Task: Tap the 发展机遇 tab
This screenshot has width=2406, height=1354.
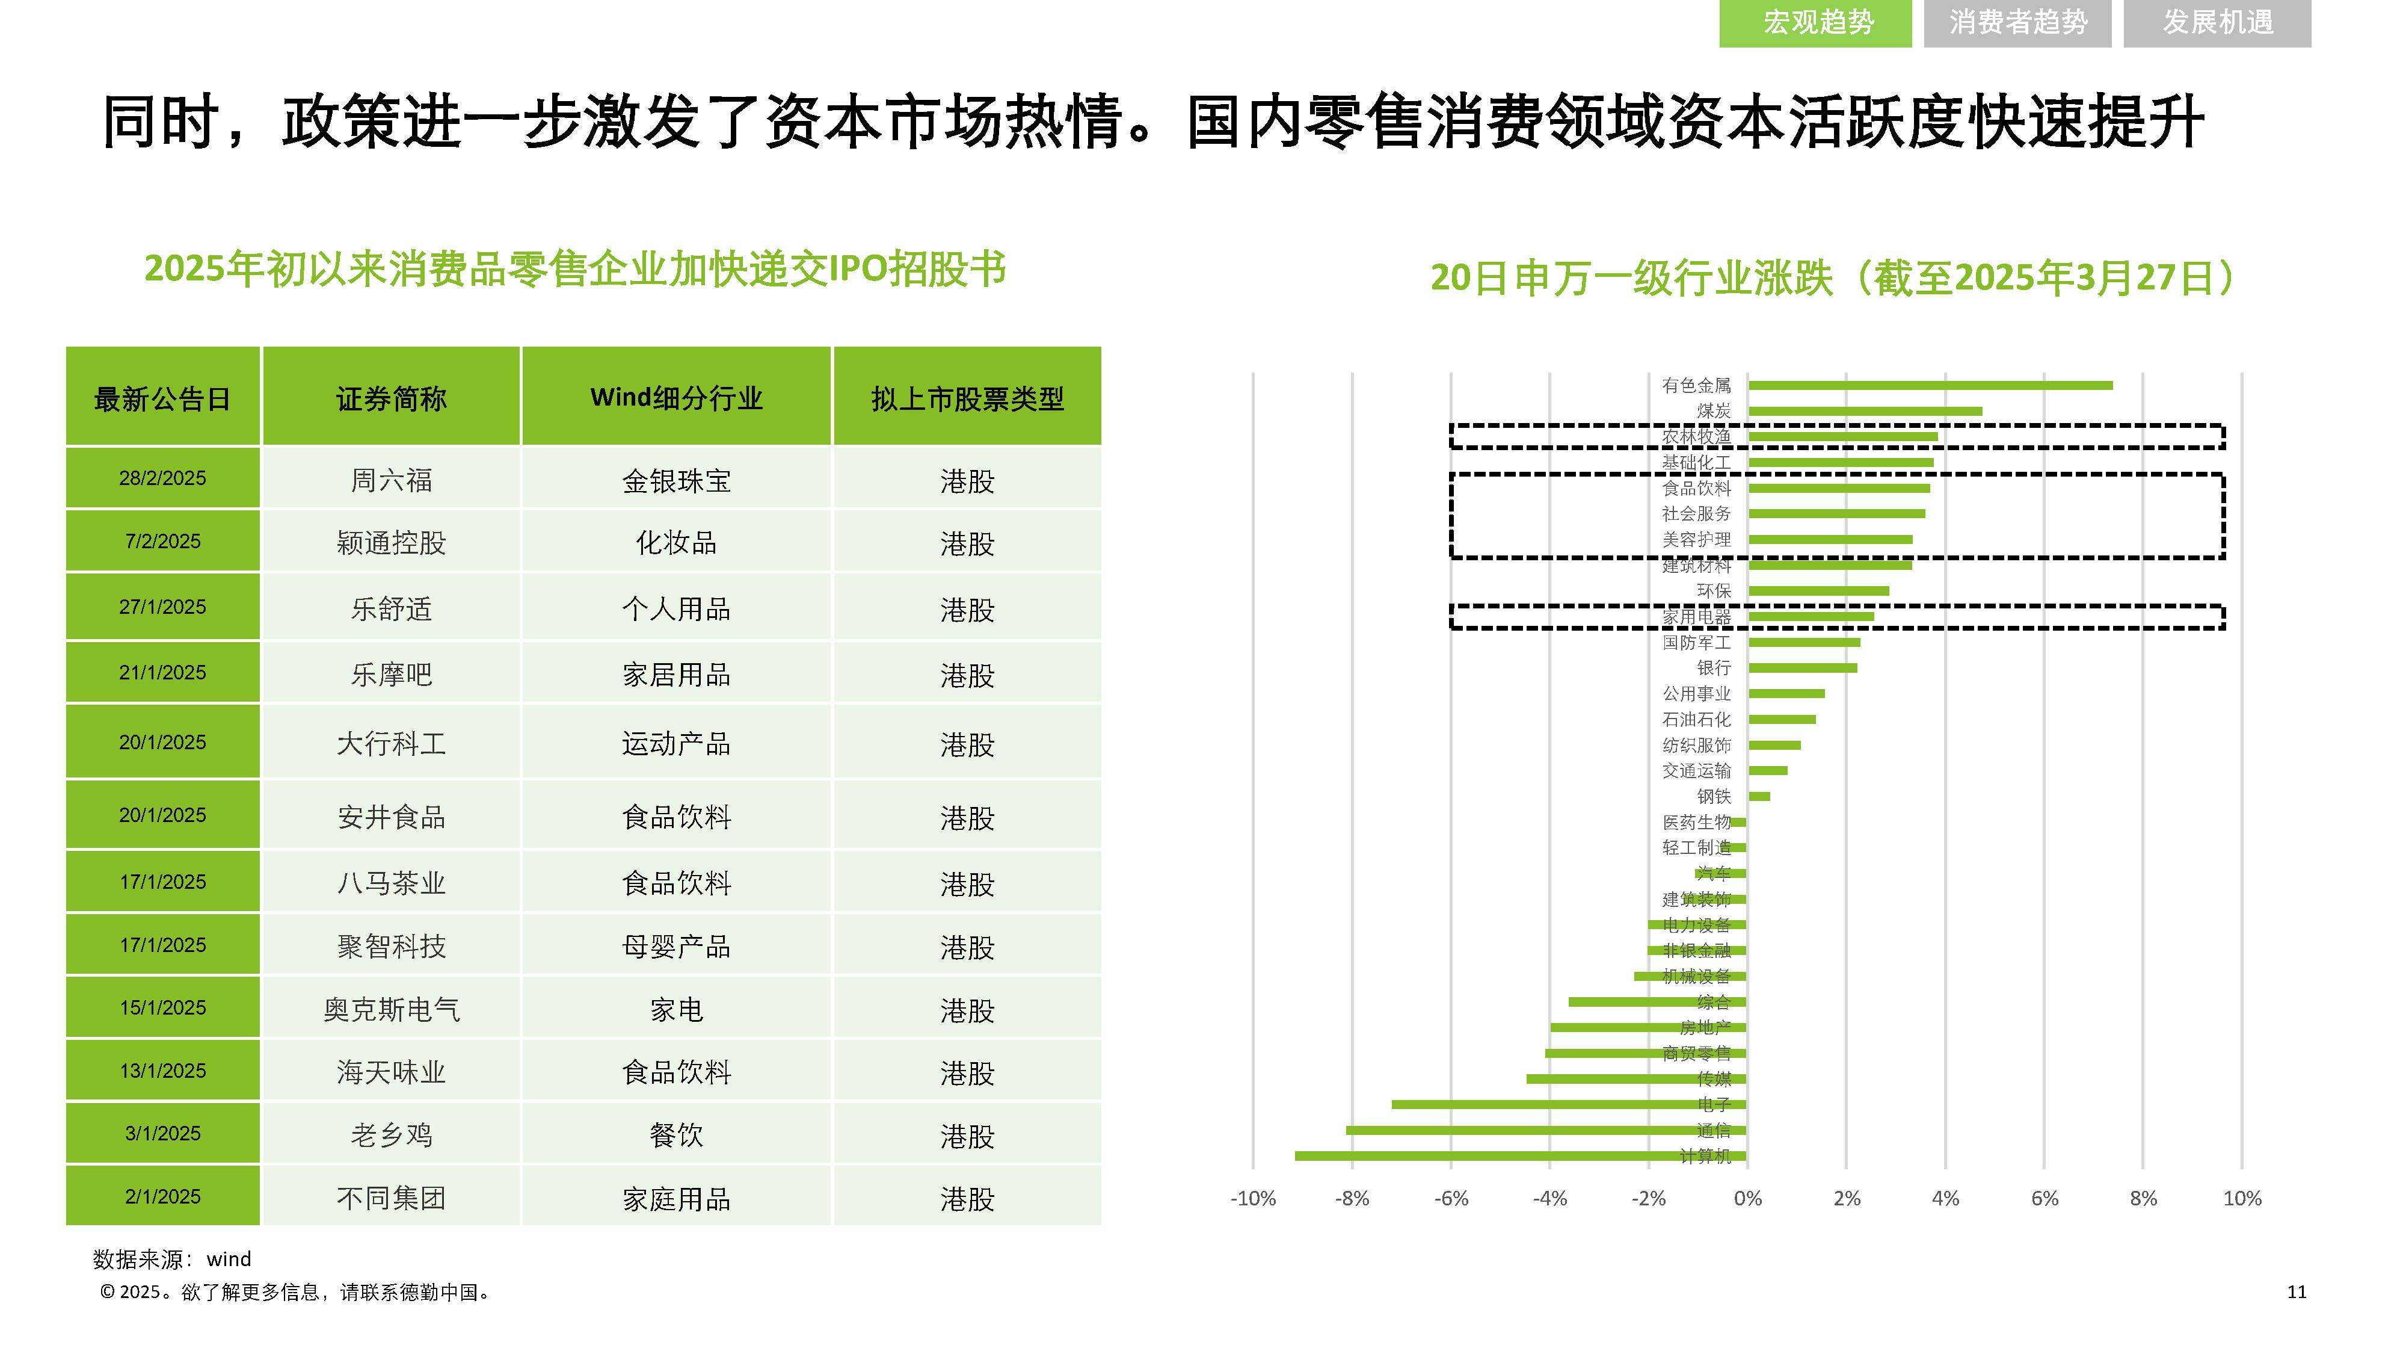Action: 2217,22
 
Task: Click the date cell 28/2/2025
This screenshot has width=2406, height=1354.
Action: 162,478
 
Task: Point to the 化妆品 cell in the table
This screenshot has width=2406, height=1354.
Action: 675,543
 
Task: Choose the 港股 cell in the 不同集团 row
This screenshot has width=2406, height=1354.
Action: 967,1198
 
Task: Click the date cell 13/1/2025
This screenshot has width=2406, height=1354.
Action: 162,1071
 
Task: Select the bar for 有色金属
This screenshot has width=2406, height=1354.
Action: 1929,385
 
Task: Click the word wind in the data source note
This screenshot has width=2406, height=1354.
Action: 228,1259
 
